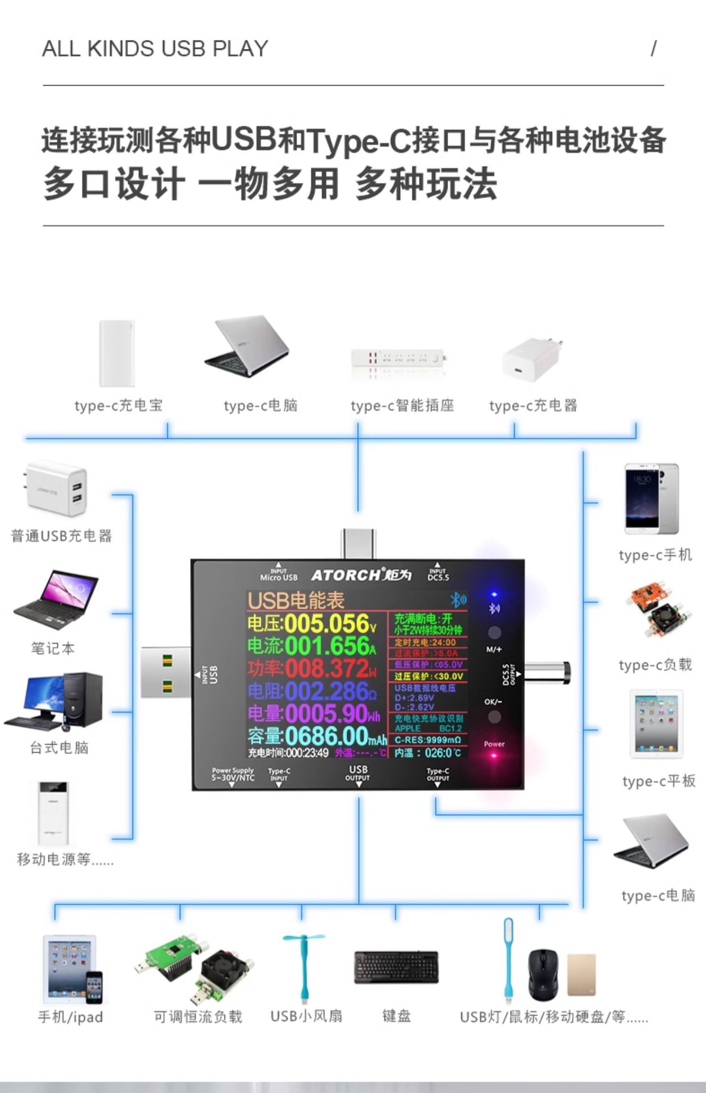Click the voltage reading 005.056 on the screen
point(322,624)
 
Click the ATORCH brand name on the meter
point(345,575)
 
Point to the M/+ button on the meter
point(494,632)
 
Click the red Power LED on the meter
point(494,755)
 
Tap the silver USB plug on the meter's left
point(165,672)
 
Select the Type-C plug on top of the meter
point(359,544)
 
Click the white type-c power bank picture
point(117,354)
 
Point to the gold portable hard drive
point(581,975)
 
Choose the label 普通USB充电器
point(61,536)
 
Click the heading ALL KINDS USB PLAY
point(155,49)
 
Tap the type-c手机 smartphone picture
point(651,499)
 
